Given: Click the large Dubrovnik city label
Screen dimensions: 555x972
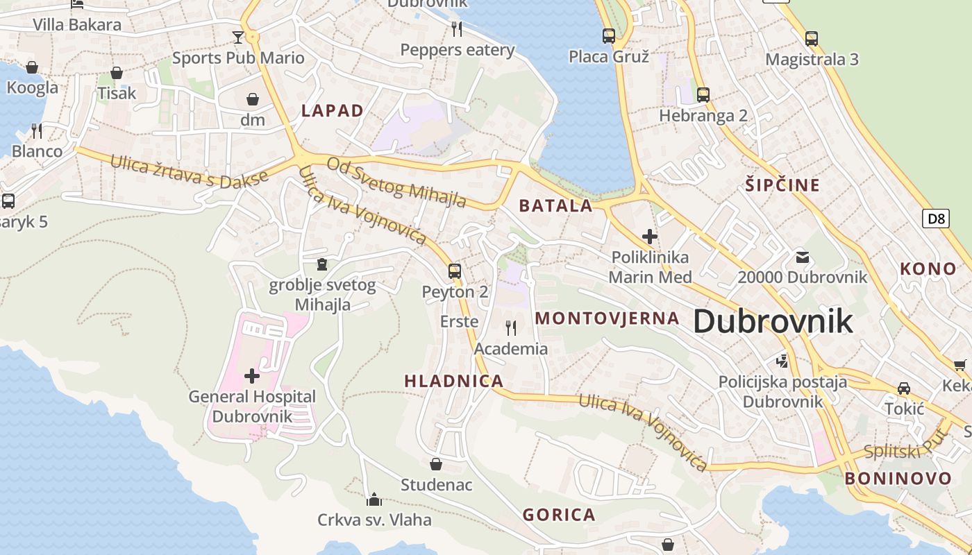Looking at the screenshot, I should pyautogui.click(x=773, y=321).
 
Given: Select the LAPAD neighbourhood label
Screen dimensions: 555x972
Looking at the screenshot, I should pyautogui.click(x=333, y=110).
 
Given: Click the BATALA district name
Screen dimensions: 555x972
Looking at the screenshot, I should pyautogui.click(x=556, y=205).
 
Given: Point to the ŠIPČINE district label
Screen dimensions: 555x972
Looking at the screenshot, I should pyautogui.click(x=782, y=185).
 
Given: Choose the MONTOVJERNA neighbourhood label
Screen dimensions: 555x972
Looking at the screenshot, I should pyautogui.click(x=607, y=318).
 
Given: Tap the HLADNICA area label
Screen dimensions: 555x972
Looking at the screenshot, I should pyautogui.click(x=454, y=381).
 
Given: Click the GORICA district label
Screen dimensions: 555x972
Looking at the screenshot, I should pyautogui.click(x=559, y=515).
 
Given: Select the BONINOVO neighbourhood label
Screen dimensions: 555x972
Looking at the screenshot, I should pyautogui.click(x=898, y=478).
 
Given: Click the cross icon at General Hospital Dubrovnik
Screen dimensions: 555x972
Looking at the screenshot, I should pyautogui.click(x=252, y=376).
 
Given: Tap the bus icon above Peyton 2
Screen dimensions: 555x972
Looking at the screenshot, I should pyautogui.click(x=455, y=271).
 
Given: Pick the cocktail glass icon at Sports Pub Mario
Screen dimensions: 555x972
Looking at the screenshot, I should pyautogui.click(x=238, y=37).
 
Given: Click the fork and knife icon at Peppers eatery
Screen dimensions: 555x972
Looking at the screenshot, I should pyautogui.click(x=457, y=28).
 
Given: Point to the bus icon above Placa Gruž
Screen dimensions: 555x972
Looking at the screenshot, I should pyautogui.click(x=609, y=35).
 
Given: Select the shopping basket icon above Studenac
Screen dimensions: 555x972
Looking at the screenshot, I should pyautogui.click(x=436, y=463).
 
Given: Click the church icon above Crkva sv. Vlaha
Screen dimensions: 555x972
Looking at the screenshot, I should pyautogui.click(x=374, y=499).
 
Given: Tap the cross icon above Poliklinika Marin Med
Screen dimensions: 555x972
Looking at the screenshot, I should pyautogui.click(x=650, y=237).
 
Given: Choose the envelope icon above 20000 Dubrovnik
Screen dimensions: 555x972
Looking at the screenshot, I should pyautogui.click(x=803, y=257).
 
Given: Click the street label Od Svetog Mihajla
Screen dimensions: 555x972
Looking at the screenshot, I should pyautogui.click(x=396, y=182).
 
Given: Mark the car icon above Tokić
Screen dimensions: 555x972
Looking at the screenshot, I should pyautogui.click(x=904, y=388).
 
